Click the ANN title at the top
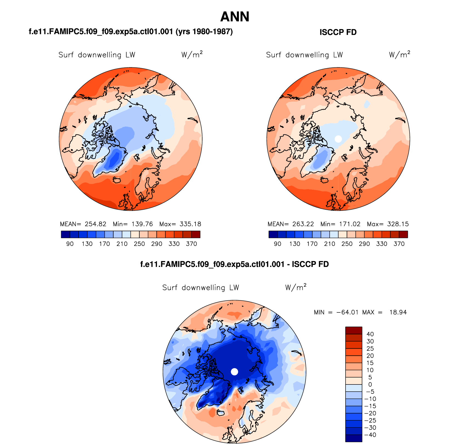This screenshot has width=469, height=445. pos(235,17)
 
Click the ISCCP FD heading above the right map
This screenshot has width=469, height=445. pos(338,32)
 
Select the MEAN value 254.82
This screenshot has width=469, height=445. pos(95,224)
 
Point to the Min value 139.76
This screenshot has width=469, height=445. pos(142,224)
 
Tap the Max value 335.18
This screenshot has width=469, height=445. pos(190,224)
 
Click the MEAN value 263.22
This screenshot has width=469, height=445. pos(303,224)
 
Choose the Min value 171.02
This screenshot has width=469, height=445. pos(350,224)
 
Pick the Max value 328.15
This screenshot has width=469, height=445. pos(398,224)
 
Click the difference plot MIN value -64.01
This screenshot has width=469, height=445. pos(347,312)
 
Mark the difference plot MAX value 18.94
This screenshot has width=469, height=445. pos(398,312)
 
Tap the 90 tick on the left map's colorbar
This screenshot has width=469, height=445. pos(70,244)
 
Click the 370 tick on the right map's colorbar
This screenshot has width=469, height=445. pos(399,244)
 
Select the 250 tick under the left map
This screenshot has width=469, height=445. pos(139,244)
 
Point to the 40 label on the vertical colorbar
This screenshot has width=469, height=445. pos(370,334)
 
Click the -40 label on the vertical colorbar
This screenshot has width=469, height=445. pos(370,435)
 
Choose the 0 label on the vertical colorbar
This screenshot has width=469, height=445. pos(370,384)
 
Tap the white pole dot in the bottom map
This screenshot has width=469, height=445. pos(234,372)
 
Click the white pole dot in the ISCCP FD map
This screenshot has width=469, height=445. pos(338,139)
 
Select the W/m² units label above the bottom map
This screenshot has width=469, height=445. pos(296,287)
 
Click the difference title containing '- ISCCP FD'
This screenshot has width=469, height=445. pos(234,264)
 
